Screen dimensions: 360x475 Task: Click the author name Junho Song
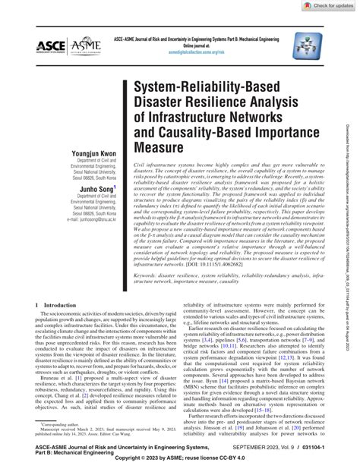[94, 210]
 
